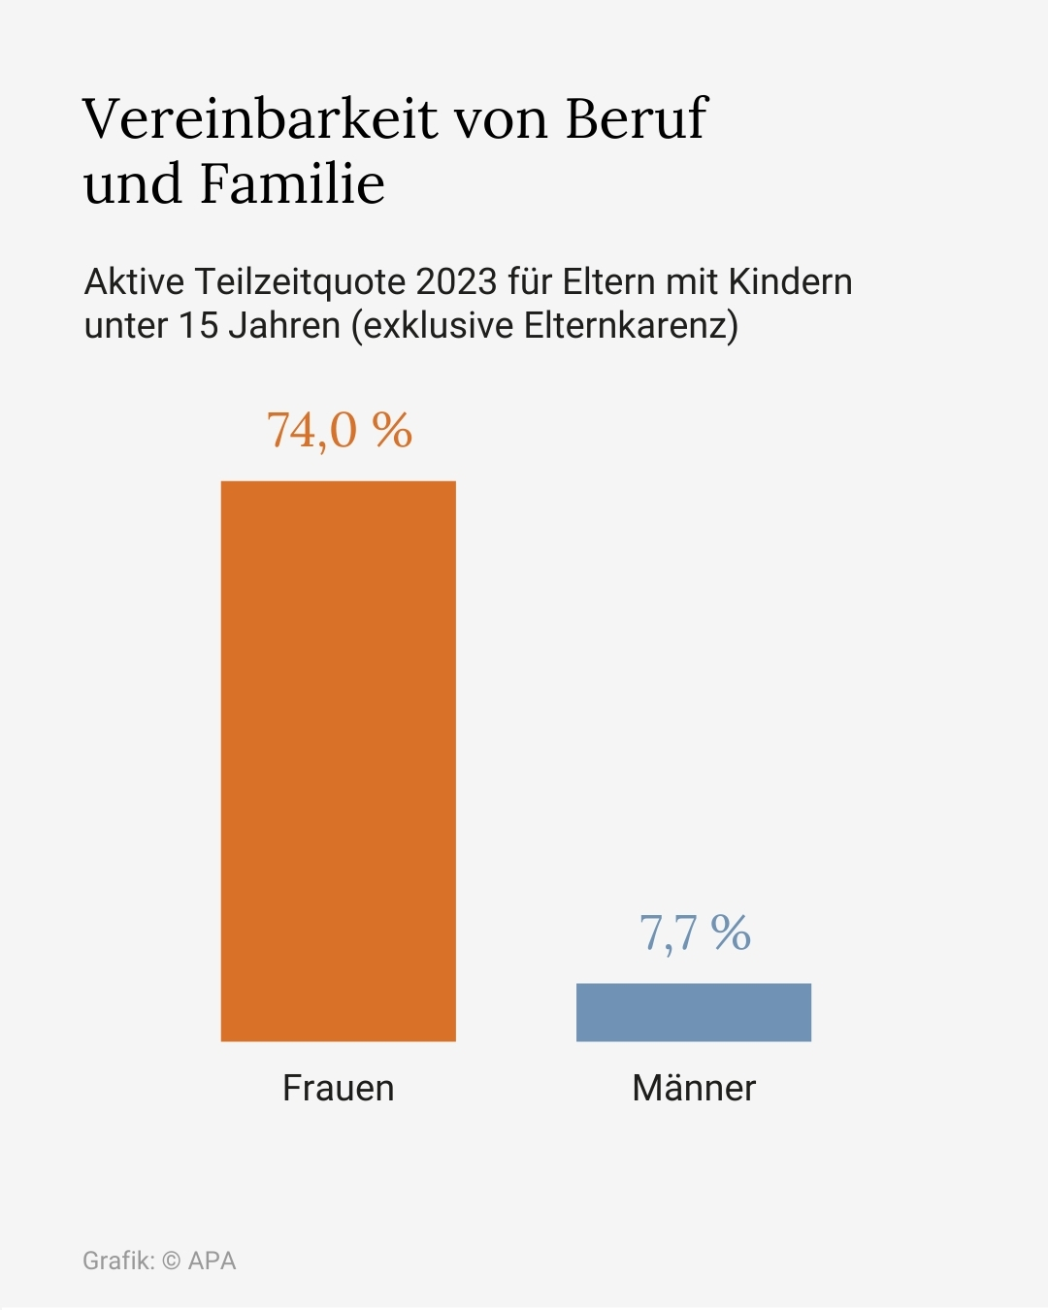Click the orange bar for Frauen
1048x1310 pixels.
(x=338, y=761)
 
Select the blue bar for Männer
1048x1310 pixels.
(x=693, y=1012)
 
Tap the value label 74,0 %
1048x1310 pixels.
(x=340, y=430)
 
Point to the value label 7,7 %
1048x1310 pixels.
(x=695, y=933)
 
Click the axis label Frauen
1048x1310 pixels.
(x=338, y=1088)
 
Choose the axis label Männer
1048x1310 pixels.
(x=693, y=1088)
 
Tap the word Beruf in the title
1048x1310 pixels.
(x=637, y=119)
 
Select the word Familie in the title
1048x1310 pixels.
(x=292, y=183)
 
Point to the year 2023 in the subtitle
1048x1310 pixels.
(x=456, y=282)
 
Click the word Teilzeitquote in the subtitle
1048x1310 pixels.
(x=300, y=282)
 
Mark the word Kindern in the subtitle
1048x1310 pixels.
(x=790, y=282)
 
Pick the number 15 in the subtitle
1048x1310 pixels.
(x=198, y=325)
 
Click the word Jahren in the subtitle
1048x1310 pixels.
(x=284, y=325)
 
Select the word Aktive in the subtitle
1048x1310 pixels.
(x=134, y=282)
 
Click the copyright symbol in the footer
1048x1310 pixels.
(x=171, y=1261)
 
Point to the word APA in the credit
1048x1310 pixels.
(x=213, y=1261)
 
